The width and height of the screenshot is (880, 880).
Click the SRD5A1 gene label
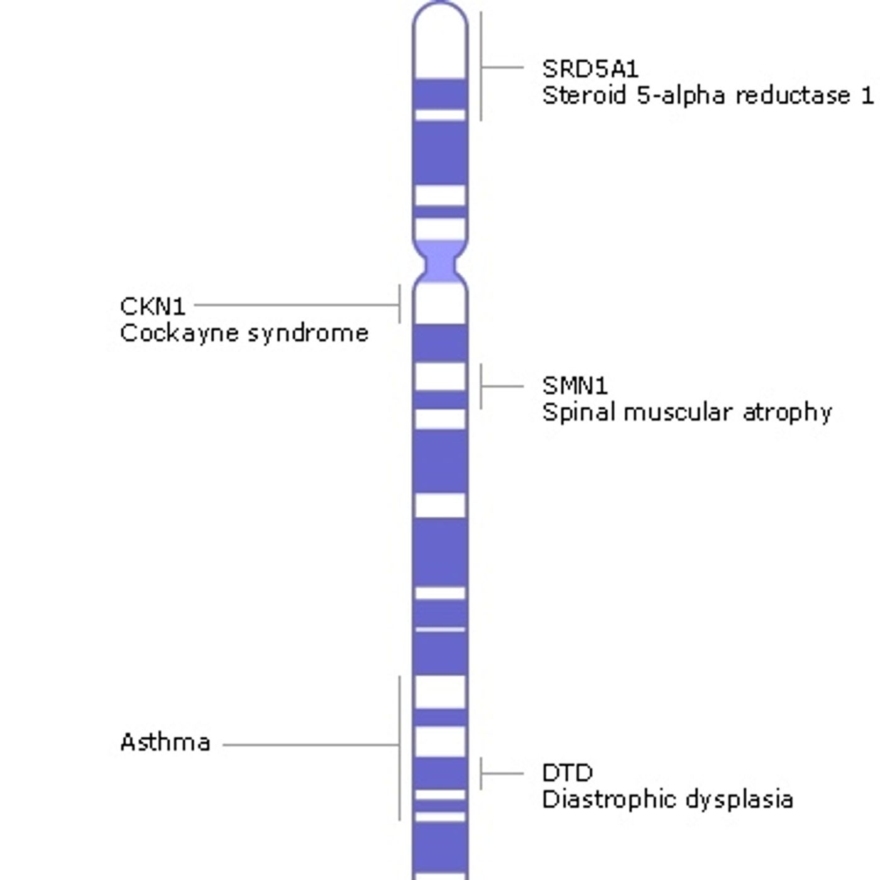(590, 69)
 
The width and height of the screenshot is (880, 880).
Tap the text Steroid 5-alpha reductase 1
(708, 96)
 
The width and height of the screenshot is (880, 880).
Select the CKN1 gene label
(153, 306)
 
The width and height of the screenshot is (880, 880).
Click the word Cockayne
(180, 334)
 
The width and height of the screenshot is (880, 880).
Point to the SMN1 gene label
(575, 386)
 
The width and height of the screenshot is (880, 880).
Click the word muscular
(680, 412)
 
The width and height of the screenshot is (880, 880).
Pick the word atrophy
(788, 414)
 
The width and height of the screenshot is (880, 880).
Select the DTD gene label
(567, 773)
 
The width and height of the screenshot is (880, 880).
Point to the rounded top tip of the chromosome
(440, 3)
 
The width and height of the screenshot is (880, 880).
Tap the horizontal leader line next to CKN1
(297, 305)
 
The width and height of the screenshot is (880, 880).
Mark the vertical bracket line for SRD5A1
(481, 67)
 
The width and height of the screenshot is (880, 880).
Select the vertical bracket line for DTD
(481, 773)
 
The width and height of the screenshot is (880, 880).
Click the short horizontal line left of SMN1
(502, 387)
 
